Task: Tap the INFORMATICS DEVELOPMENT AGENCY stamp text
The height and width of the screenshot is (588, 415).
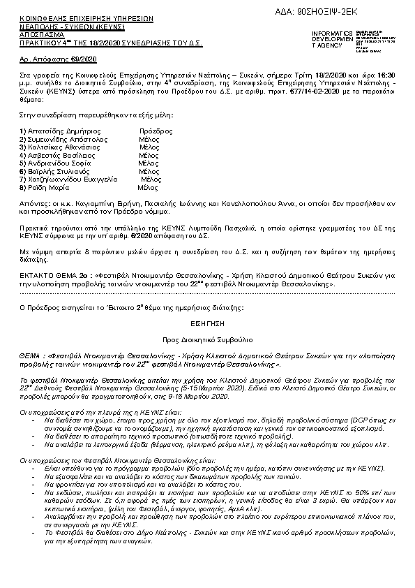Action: [333, 39]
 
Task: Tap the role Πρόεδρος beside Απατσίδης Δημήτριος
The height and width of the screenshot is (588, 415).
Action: [156, 131]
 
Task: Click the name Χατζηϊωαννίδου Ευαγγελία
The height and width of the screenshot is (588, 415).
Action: [68, 179]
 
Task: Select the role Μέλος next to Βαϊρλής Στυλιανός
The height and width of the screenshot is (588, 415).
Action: [149, 171]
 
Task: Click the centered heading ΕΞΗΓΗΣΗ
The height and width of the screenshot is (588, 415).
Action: [208, 324]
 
